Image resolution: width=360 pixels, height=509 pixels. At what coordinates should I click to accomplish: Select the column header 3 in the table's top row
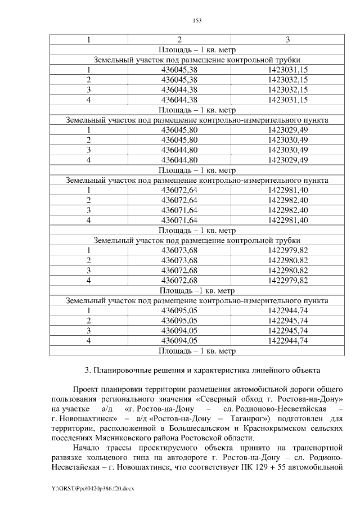tap(287, 40)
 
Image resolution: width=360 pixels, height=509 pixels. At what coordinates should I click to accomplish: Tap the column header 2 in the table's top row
tap(179, 40)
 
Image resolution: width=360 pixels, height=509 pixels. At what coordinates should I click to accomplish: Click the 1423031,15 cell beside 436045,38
tap(287, 70)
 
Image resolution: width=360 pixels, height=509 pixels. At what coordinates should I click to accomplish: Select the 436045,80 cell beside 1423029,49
tap(179, 130)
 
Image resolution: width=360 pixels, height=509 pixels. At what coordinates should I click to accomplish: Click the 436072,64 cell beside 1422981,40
tap(179, 190)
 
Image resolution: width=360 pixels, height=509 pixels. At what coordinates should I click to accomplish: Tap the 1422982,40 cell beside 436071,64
tap(287, 210)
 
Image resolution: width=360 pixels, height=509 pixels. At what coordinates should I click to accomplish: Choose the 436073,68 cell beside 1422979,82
tap(179, 250)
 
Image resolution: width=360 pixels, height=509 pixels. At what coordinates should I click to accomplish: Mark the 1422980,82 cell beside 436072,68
tap(287, 270)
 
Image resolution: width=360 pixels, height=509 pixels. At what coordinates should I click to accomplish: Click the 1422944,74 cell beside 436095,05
tap(287, 310)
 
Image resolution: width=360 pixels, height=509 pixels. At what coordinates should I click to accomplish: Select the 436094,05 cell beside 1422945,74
tap(179, 330)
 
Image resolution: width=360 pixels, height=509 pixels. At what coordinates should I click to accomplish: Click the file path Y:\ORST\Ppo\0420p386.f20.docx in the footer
tap(93, 489)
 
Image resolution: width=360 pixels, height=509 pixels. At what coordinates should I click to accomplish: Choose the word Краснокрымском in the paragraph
tap(278, 429)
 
